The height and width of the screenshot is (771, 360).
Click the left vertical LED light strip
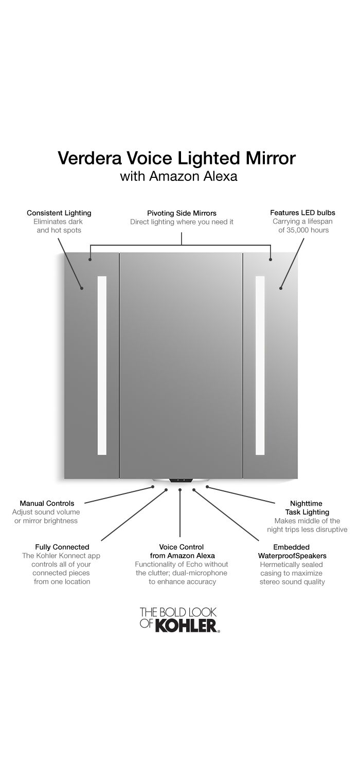[102, 365]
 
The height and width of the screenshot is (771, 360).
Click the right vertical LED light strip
[260, 365]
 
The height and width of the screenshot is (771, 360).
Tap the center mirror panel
[181, 365]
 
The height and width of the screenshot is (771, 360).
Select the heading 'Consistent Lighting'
[59, 213]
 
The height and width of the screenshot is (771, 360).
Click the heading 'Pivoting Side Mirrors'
[182, 213]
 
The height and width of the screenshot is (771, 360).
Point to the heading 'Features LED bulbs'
[302, 213]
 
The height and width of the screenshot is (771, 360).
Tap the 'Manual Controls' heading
[47, 503]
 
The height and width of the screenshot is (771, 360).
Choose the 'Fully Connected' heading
[62, 547]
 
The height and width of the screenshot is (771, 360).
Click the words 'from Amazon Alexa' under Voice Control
[182, 556]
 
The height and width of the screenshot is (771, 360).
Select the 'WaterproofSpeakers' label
[292, 556]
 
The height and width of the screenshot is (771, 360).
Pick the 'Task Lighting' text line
[307, 512]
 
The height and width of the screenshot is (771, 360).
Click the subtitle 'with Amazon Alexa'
[178, 176]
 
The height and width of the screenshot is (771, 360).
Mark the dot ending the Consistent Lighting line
[82, 288]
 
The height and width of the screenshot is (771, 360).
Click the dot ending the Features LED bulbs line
[281, 288]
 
